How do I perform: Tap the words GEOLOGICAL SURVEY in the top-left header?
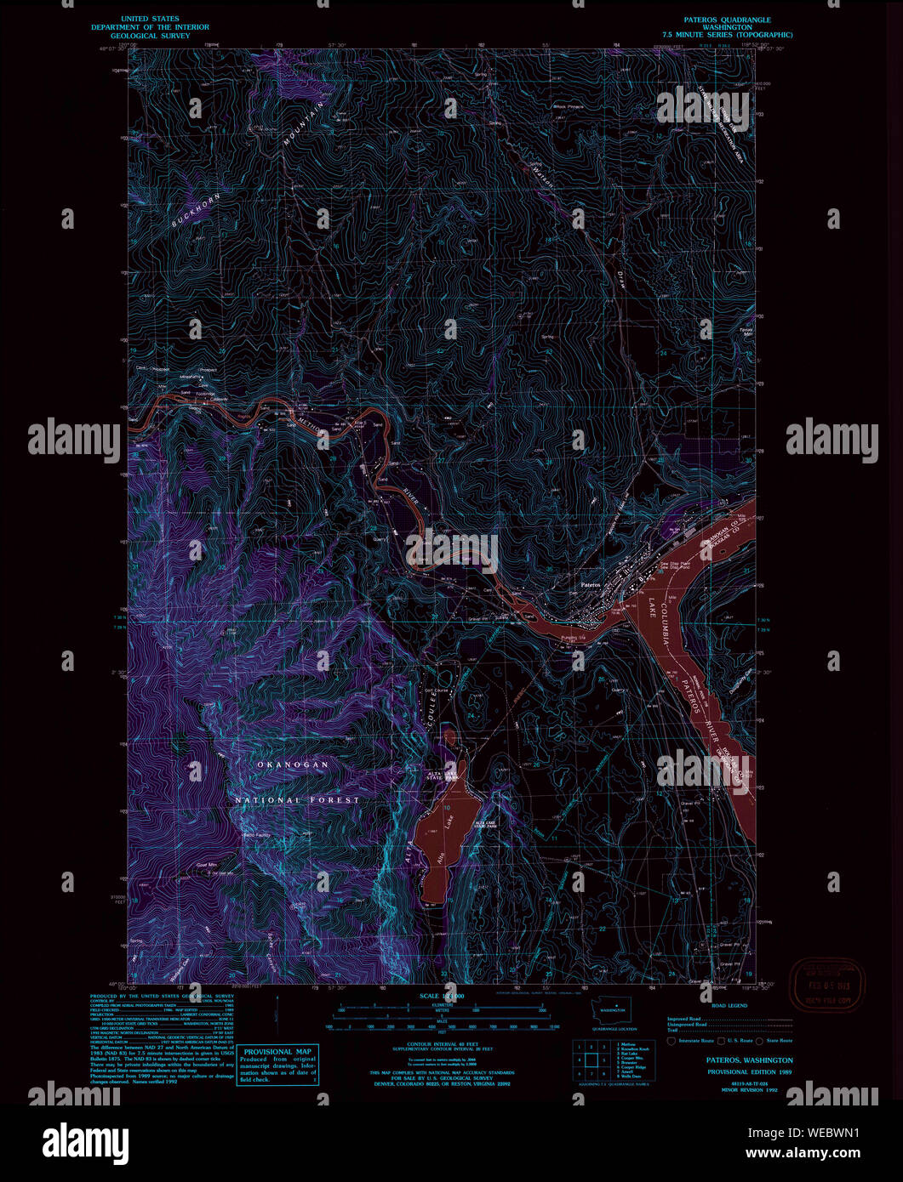point(151,36)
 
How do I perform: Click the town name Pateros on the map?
point(590,585)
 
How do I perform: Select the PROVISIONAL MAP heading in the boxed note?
point(277,1052)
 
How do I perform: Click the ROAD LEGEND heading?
point(729,1005)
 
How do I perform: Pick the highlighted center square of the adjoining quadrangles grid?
point(589,1060)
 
